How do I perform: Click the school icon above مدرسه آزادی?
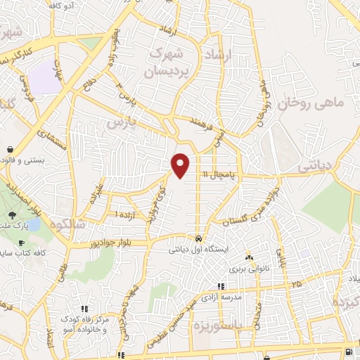point(221,287)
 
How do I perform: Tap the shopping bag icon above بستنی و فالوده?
point(11,150)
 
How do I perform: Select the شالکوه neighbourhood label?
point(69,223)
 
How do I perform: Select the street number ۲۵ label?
point(297,283)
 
